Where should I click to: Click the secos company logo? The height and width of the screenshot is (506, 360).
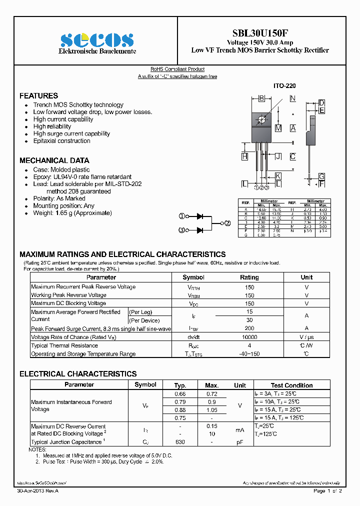click(x=97, y=40)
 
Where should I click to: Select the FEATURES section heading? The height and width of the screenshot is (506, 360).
click(x=38, y=95)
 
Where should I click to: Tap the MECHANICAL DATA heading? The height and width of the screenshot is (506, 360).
click(x=54, y=160)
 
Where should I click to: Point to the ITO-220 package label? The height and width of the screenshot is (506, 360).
click(x=284, y=86)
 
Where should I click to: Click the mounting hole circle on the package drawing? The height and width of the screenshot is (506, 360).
click(x=261, y=119)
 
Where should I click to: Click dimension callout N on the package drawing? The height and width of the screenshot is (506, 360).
click(x=292, y=98)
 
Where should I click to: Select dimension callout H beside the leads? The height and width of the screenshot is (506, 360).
click(x=244, y=156)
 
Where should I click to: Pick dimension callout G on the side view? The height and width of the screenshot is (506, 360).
click(x=321, y=176)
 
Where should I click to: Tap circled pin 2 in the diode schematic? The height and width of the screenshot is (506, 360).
click(x=227, y=223)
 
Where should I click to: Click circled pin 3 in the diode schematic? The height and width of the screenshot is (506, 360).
click(x=182, y=230)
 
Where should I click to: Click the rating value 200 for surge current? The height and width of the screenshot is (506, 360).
click(x=249, y=328)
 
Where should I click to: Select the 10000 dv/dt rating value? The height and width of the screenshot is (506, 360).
click(x=249, y=337)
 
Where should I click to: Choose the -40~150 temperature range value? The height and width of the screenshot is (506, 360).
click(x=249, y=354)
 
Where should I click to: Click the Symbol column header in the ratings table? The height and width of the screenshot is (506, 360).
click(x=193, y=277)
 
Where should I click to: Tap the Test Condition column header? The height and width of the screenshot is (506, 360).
click(x=291, y=385)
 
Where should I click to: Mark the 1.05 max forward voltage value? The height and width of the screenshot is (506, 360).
click(x=212, y=409)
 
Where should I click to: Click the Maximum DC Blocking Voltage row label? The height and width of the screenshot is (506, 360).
click(x=68, y=303)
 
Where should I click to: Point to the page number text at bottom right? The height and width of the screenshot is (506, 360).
click(x=327, y=491)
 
